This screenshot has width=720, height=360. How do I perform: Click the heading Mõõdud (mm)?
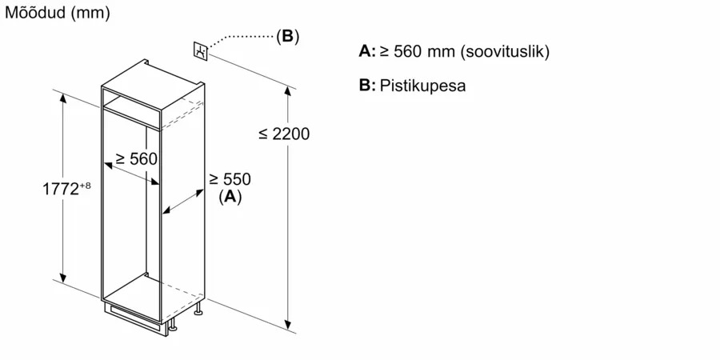pyautogui.click(x=58, y=14)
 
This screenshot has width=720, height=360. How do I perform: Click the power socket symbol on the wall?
pyautogui.click(x=200, y=50)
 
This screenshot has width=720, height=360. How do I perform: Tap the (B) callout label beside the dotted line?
pyautogui.click(x=287, y=36)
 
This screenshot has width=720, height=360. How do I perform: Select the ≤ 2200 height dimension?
pyautogui.click(x=284, y=134)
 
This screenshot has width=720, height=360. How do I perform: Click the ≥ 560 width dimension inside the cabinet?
pyautogui.click(x=136, y=159)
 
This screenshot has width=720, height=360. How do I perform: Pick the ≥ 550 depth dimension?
pyautogui.click(x=230, y=179)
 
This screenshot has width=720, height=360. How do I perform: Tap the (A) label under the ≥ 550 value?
pyautogui.click(x=230, y=196)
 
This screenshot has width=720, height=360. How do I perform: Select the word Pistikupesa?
pyautogui.click(x=422, y=86)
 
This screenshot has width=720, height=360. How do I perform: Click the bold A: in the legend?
pyautogui.click(x=367, y=51)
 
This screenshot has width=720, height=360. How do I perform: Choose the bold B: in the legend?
pyautogui.click(x=367, y=86)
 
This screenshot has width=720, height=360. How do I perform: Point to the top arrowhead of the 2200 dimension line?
pyautogui.click(x=289, y=89)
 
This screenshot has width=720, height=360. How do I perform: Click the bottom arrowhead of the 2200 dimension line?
pyautogui.click(x=289, y=325)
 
